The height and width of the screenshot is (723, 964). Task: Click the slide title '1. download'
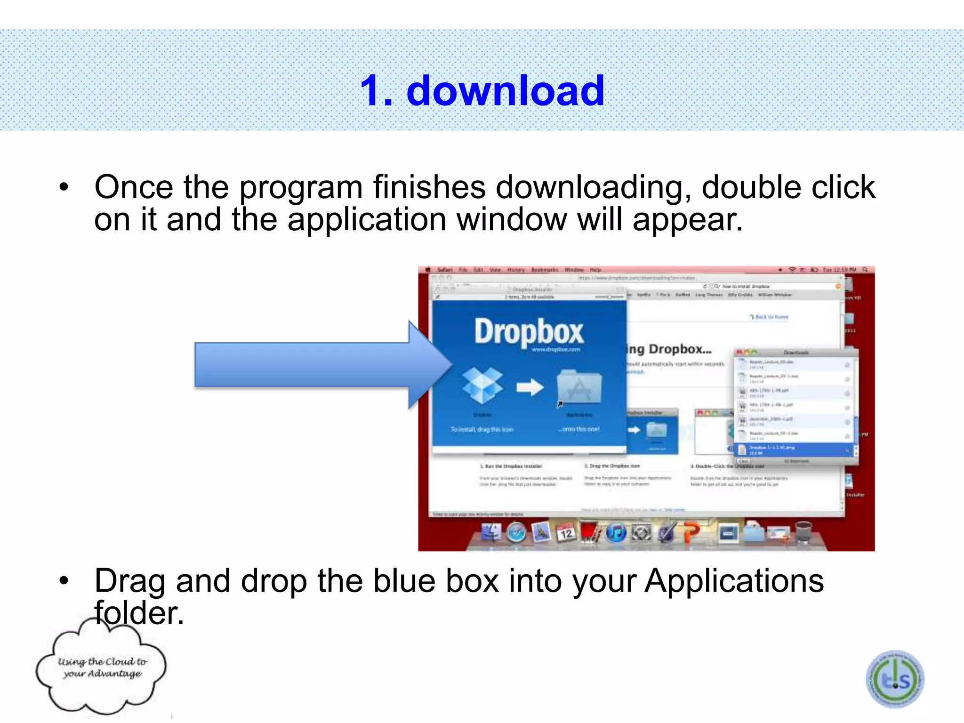[x=482, y=90]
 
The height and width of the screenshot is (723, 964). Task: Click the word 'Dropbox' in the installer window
[x=529, y=332]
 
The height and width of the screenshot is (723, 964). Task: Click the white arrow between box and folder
[x=530, y=387]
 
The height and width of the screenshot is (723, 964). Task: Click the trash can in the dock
[x=803, y=532]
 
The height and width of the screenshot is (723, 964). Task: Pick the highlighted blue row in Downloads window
[x=794, y=450]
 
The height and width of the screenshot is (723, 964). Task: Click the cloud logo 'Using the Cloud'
[x=102, y=667]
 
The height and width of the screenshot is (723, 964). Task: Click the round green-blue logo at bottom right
[x=895, y=679]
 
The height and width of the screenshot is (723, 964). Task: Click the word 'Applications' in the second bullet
[x=734, y=581]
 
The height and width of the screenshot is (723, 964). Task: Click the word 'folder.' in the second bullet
[x=139, y=613]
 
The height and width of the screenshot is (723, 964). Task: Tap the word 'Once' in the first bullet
[x=134, y=187]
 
